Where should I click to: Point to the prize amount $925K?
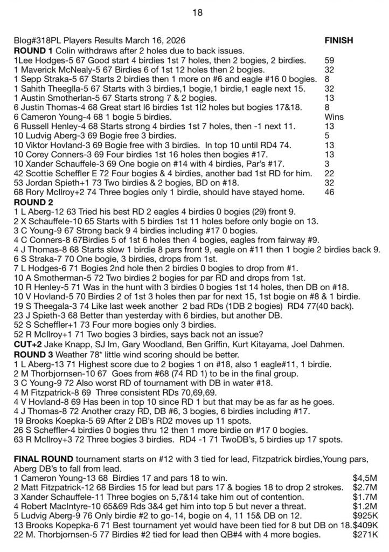[x=365, y=516]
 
